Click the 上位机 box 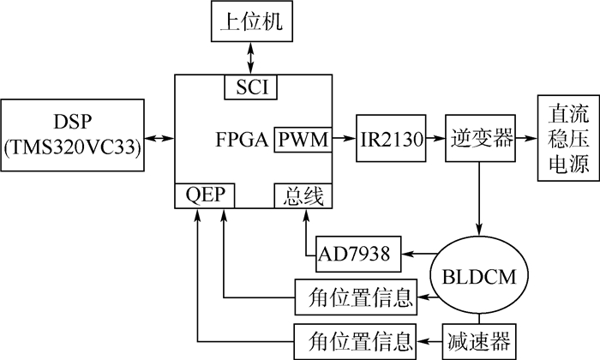[250, 21]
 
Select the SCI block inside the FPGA [250, 86]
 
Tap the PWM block [302, 138]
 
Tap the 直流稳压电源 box [562, 138]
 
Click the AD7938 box [354, 254]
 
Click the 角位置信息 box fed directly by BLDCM [355, 297]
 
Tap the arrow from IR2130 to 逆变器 [435, 138]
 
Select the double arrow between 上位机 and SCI [250, 57]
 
